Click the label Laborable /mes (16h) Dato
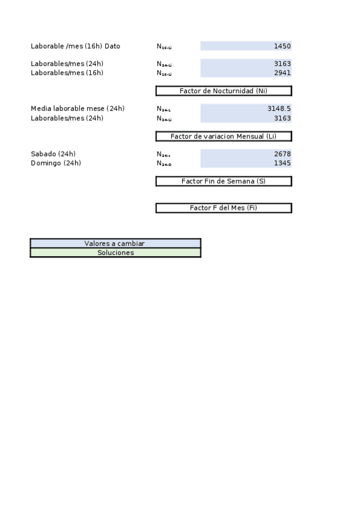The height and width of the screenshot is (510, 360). (x=75, y=46)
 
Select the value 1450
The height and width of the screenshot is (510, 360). (x=282, y=46)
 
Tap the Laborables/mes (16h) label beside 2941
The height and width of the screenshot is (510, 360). (x=67, y=73)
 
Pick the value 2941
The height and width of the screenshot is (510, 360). (x=282, y=73)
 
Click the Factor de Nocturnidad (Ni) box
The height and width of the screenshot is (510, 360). (x=224, y=91)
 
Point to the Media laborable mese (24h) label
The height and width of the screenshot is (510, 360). (x=78, y=109)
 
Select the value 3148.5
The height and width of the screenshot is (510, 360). (x=279, y=109)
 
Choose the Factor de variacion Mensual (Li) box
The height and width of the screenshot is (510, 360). (x=224, y=137)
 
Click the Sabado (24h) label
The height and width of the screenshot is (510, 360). (x=53, y=154)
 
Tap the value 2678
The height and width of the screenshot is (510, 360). (x=282, y=154)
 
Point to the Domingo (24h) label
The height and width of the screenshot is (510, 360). (x=56, y=163)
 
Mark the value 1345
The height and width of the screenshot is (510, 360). (x=282, y=163)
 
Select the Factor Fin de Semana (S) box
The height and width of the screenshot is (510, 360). (x=224, y=181)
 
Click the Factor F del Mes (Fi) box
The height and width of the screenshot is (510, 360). (x=224, y=208)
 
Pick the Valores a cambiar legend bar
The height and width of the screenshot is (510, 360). (x=115, y=244)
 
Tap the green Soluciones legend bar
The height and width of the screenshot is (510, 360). (x=115, y=253)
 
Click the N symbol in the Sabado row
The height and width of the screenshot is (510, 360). (x=163, y=155)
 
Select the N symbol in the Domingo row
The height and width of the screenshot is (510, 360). (x=163, y=164)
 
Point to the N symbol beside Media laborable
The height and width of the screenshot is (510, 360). (x=163, y=109)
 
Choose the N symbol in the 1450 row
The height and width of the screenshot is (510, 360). (x=163, y=47)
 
